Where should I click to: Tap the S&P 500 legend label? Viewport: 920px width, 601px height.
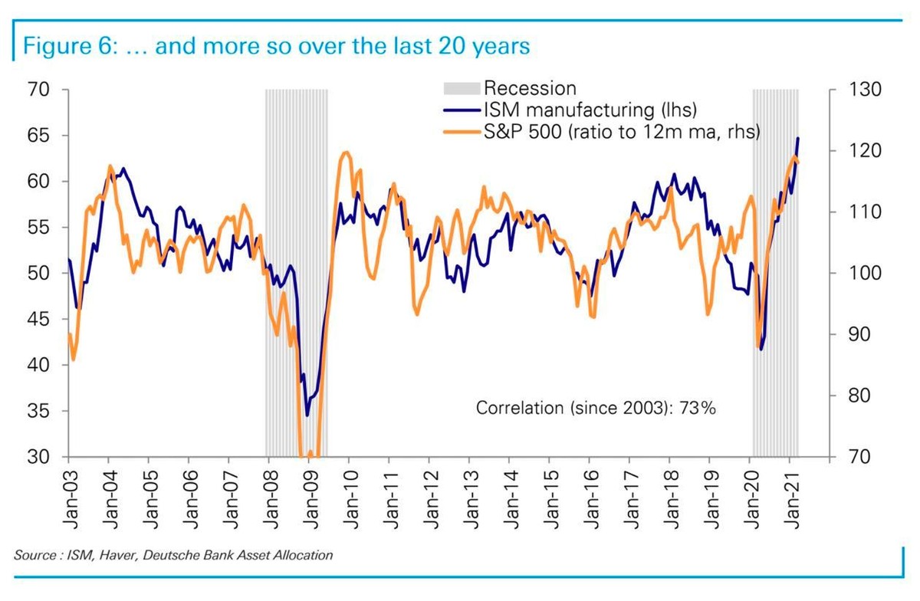[x=621, y=132]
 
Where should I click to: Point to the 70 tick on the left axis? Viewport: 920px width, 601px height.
[x=39, y=90]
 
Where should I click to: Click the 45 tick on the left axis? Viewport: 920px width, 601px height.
[x=39, y=320]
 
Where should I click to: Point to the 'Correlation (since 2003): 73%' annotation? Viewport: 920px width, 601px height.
[x=596, y=408]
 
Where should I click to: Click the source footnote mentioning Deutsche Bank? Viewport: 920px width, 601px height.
[x=173, y=555]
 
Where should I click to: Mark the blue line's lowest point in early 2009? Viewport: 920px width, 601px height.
[x=307, y=415]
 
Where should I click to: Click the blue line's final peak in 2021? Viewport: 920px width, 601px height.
[x=798, y=139]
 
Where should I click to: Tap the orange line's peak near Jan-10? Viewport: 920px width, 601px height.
[x=346, y=153]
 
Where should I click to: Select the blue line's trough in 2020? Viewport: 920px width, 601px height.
[x=761, y=350]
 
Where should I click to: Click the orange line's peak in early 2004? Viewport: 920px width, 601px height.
[x=110, y=166]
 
